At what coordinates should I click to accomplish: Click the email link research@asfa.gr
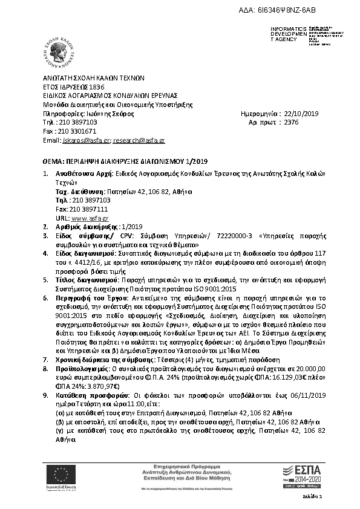[139, 140]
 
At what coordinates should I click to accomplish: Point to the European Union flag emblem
[60, 473]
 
